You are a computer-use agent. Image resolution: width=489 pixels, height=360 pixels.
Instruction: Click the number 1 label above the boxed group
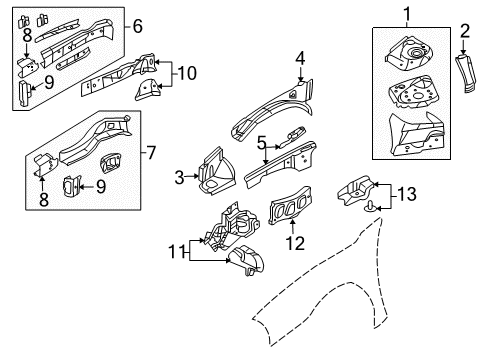(407, 13)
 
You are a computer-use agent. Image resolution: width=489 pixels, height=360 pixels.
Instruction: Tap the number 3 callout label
(180, 178)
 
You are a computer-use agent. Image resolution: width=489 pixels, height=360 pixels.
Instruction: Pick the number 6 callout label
(138, 26)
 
